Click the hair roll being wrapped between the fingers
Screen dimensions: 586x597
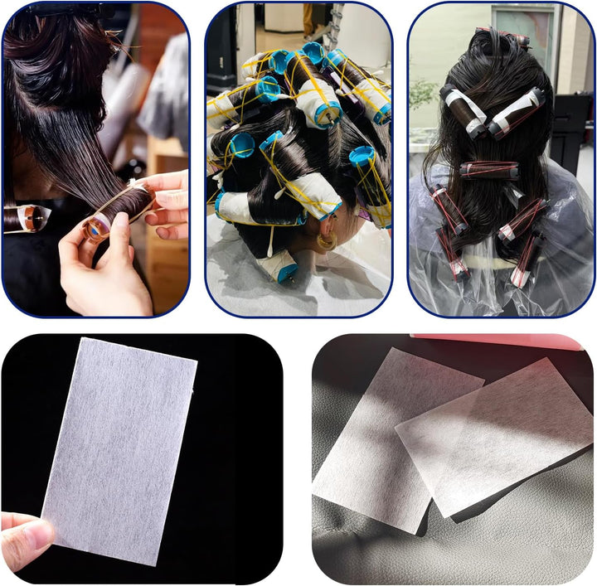(120, 211)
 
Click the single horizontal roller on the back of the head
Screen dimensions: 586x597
(490, 170)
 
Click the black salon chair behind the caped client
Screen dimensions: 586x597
(572, 124)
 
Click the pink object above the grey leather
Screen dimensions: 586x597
(498, 341)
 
